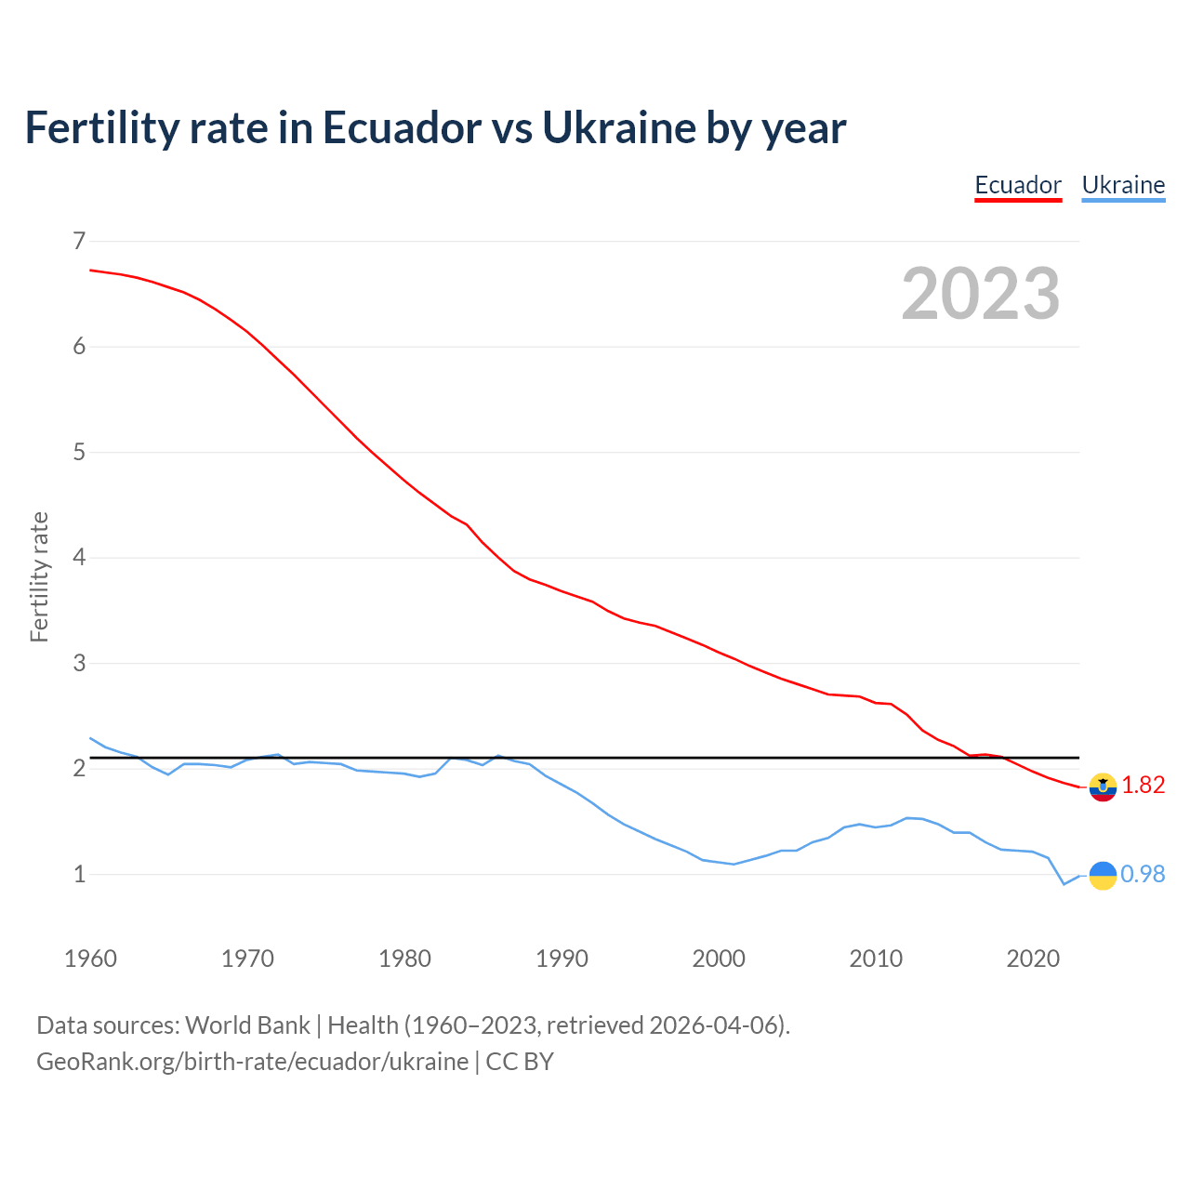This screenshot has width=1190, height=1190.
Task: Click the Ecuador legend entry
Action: tap(1018, 185)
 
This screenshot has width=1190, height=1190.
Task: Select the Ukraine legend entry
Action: tap(1123, 185)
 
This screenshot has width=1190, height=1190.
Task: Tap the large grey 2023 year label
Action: tap(981, 294)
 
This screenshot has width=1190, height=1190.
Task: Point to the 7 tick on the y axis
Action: tap(79, 242)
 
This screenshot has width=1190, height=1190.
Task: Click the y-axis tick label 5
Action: tap(79, 453)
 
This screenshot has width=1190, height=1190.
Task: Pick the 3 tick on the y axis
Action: tap(79, 664)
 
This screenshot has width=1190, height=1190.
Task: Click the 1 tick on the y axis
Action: tap(79, 875)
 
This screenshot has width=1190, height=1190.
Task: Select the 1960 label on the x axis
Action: tap(90, 959)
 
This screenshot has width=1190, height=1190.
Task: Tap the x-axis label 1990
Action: tap(562, 959)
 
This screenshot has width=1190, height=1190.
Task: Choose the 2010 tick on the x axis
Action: tap(876, 959)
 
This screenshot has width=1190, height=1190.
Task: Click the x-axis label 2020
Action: tap(1033, 959)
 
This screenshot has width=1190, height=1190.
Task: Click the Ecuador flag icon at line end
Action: tap(1103, 787)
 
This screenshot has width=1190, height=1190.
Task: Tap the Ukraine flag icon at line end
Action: tap(1103, 875)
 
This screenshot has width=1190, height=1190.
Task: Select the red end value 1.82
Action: tap(1143, 786)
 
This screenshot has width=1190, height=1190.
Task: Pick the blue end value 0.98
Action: tap(1143, 875)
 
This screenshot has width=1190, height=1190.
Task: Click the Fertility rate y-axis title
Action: tap(39, 576)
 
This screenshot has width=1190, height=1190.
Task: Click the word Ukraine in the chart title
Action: tap(618, 128)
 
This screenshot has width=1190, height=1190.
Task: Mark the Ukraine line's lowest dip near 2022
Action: tap(1064, 884)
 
